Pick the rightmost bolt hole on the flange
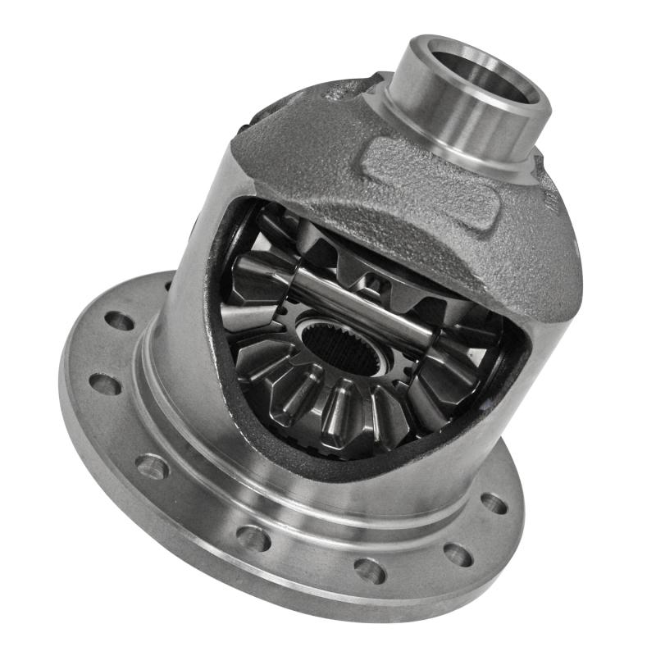[494, 502]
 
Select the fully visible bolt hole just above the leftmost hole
[120, 321]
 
